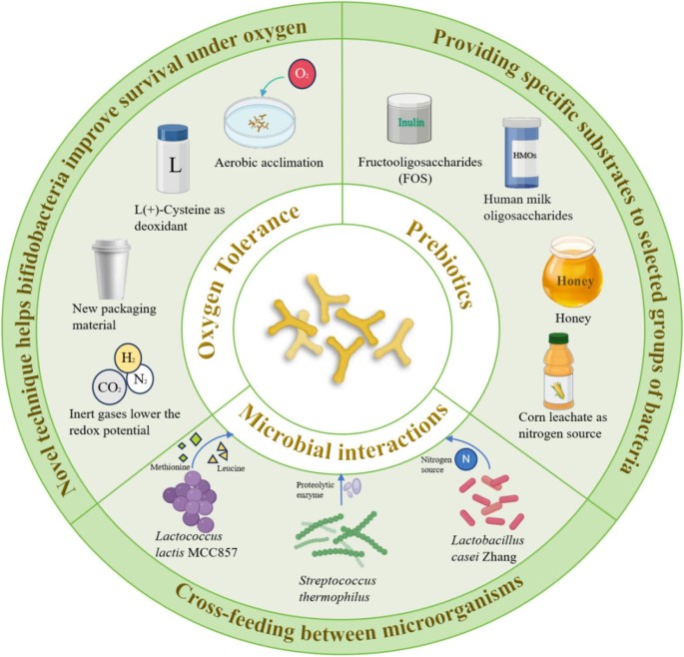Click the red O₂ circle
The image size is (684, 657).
[x=301, y=74]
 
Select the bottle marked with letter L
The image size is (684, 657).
[x=173, y=159]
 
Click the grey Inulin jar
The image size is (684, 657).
[x=409, y=119]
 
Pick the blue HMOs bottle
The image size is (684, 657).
[x=521, y=152]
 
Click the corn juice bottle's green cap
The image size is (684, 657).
[x=558, y=338]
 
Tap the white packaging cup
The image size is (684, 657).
[x=112, y=270]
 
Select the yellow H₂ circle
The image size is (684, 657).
[x=128, y=358]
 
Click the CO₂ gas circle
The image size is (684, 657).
[x=109, y=387]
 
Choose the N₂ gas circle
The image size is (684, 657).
[x=140, y=379]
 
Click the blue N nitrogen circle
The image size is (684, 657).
[x=466, y=459]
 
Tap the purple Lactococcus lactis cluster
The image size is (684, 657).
[x=190, y=501]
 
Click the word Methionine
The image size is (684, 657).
[x=170, y=467]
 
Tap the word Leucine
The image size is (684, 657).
[x=231, y=468]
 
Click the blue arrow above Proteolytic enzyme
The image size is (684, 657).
[x=342, y=489]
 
